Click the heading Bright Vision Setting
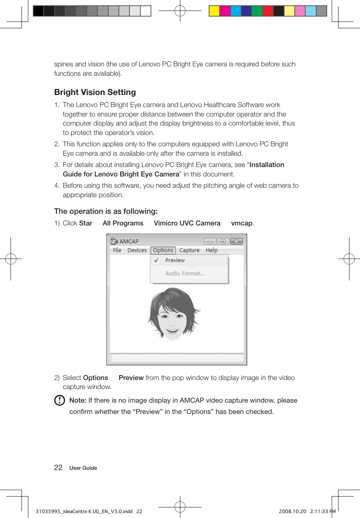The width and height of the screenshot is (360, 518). (x=95, y=92)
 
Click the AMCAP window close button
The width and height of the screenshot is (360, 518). (x=236, y=241)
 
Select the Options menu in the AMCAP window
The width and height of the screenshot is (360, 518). (x=163, y=250)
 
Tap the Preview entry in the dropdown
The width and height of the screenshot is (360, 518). (x=175, y=261)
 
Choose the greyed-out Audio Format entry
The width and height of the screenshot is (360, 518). (x=184, y=274)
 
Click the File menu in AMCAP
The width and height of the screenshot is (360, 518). (x=117, y=250)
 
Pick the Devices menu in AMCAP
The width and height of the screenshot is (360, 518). (x=137, y=250)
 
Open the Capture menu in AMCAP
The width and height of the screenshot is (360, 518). (x=189, y=250)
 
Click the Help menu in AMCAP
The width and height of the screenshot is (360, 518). (x=212, y=250)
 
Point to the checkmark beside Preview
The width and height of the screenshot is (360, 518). (x=156, y=261)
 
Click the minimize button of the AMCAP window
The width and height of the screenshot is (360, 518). (x=210, y=242)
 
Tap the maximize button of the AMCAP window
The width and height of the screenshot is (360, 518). (x=223, y=241)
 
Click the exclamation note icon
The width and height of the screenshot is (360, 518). (x=60, y=400)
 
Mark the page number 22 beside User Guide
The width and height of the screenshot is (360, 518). (x=58, y=468)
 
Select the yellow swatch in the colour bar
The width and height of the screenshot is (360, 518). (x=214, y=11)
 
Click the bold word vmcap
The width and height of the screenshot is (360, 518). (x=242, y=223)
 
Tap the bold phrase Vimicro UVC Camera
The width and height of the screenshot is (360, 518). (x=187, y=223)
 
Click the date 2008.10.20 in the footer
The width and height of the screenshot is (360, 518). (x=292, y=512)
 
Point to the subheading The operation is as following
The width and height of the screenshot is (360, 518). (x=106, y=211)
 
